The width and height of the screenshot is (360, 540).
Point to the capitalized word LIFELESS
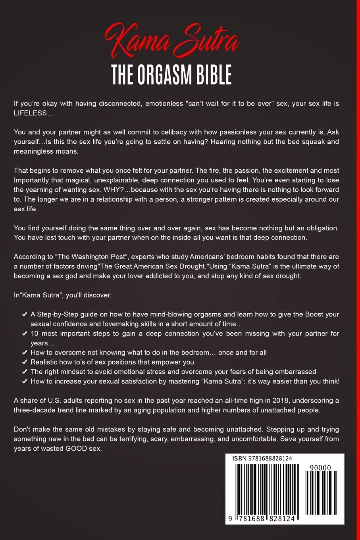(29, 113)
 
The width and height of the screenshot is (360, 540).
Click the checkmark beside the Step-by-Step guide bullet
(24, 314)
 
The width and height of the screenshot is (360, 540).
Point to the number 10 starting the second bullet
(35, 334)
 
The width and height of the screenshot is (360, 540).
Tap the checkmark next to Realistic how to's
(24, 362)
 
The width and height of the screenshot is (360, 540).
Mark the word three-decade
(34, 410)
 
